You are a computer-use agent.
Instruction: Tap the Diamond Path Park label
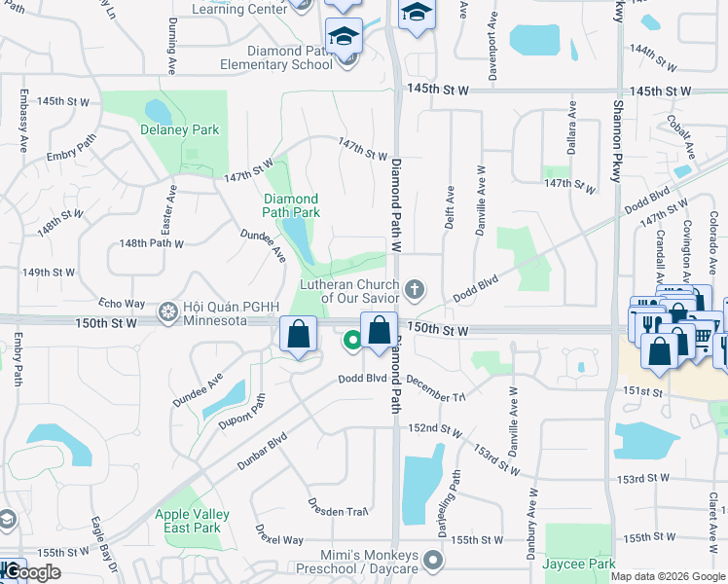291,205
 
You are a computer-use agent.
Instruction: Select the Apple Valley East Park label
192,521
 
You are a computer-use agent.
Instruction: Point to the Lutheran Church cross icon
415,288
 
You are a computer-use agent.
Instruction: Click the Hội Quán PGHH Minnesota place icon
167,310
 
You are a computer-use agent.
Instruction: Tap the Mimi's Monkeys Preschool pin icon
434,561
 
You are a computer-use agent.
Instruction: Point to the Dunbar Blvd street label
263,450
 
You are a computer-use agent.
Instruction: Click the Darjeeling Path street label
455,496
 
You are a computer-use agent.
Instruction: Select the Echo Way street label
122,304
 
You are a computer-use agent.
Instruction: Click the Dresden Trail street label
336,507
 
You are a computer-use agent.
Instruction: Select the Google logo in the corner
31,571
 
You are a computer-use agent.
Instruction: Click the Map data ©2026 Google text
669,576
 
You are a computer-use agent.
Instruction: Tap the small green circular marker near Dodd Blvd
351,341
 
